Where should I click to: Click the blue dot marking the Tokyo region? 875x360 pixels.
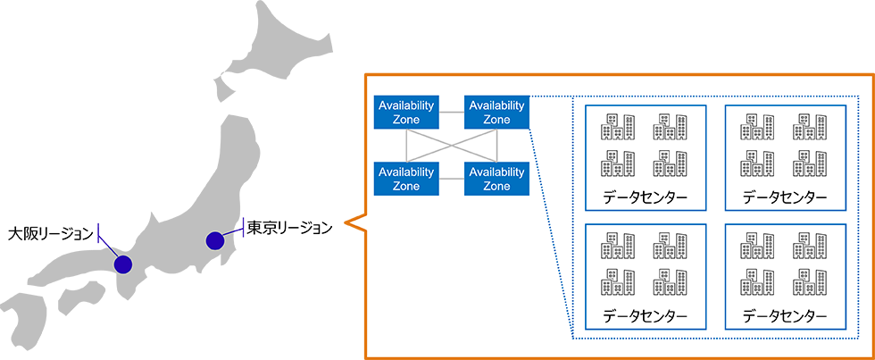(x=214, y=240)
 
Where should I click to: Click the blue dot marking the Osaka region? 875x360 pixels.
(x=122, y=264)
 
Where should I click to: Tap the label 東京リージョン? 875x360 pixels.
(x=289, y=227)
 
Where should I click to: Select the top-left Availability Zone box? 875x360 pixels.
(x=406, y=113)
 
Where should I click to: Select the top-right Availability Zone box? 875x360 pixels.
(x=496, y=113)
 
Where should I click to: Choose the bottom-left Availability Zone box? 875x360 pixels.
(x=406, y=179)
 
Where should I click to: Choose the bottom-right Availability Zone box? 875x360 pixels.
(x=496, y=179)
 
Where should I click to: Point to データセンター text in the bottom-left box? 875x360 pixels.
(x=645, y=316)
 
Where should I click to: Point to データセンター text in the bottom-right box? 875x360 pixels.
(x=785, y=316)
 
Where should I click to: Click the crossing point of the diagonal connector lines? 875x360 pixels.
(x=451, y=146)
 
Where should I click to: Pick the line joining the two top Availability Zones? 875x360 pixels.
(x=451, y=113)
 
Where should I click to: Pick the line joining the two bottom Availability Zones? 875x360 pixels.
(x=451, y=179)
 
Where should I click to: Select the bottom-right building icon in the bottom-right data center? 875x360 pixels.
(x=809, y=281)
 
